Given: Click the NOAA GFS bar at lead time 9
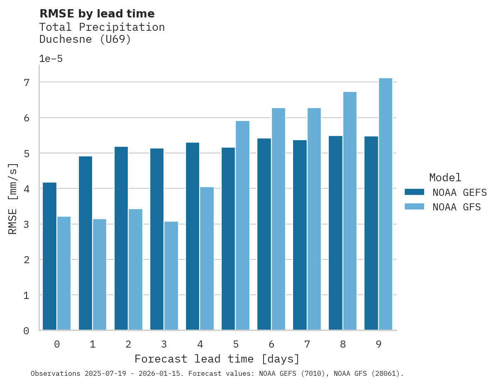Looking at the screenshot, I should click(385, 204).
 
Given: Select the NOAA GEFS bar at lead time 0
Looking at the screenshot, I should click(49, 256).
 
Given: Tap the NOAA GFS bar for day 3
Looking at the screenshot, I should click(171, 276).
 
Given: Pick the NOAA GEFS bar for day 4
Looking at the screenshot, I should click(193, 236).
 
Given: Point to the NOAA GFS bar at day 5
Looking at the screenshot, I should click(242, 225).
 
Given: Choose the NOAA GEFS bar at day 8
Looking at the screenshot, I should click(335, 233).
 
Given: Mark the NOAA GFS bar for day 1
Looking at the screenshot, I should click(100, 274).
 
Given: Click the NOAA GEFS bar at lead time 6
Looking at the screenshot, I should click(264, 234).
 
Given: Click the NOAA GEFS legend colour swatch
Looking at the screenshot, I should click(414, 192).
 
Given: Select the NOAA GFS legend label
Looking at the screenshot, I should click(457, 207).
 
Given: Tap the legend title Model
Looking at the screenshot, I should click(445, 178).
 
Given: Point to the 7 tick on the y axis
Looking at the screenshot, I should click(26, 83).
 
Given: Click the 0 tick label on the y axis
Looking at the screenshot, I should click(26, 331).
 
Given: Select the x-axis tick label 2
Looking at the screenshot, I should click(128, 344).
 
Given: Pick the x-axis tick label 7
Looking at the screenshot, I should click(307, 344).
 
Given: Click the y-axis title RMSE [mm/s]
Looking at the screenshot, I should click(13, 199).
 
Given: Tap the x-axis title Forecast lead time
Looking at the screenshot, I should click(217, 359).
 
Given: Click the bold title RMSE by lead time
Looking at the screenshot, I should click(97, 14).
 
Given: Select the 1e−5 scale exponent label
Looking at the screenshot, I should click(51, 59).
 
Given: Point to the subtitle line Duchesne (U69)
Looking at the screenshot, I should click(85, 39).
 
